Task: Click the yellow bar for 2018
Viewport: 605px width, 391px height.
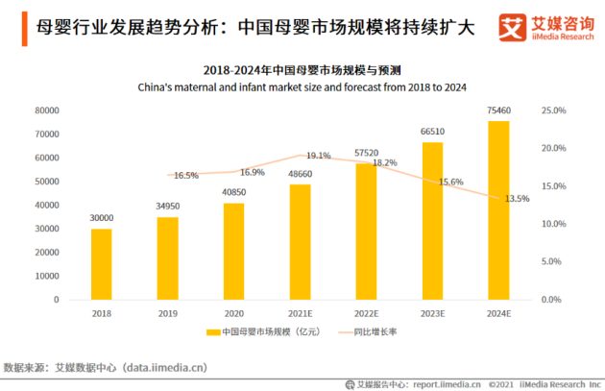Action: click(x=102, y=264)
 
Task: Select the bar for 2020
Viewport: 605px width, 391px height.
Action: click(x=233, y=252)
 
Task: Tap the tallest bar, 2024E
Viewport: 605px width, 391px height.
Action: click(x=498, y=210)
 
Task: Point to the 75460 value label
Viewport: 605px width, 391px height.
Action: click(x=498, y=110)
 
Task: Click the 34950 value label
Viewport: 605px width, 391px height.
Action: click(x=168, y=207)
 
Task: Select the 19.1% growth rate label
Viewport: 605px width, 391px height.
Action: click(x=319, y=156)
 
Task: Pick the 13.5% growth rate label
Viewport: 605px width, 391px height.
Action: click(x=517, y=199)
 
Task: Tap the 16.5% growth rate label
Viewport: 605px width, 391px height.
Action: click(x=186, y=176)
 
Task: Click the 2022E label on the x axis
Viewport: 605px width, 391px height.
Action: click(x=367, y=314)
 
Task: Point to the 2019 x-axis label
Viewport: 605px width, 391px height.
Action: click(x=168, y=314)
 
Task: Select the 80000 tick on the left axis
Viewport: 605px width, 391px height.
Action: click(x=47, y=110)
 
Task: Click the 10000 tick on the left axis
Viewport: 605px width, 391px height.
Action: click(x=47, y=277)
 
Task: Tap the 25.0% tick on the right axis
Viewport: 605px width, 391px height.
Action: click(x=554, y=110)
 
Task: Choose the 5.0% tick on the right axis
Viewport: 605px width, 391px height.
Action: click(x=551, y=261)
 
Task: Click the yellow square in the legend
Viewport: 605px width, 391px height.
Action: click(x=213, y=332)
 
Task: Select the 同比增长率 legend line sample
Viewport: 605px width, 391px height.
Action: click(x=346, y=332)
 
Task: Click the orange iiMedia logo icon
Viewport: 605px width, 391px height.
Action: click(x=513, y=28)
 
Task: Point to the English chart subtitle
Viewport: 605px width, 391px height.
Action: click(x=302, y=87)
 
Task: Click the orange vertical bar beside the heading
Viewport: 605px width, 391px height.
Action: click(x=25, y=29)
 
